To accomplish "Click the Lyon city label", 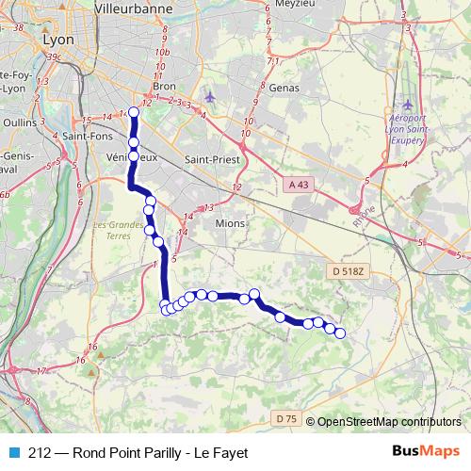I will (x=57, y=41).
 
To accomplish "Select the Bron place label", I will (x=164, y=86).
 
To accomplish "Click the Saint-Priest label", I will (x=212, y=159).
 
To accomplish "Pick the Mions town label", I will (x=229, y=223).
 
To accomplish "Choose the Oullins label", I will (x=19, y=122).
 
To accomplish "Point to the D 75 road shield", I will (x=287, y=417).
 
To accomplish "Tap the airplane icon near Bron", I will (x=208, y=97).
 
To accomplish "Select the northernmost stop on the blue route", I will (x=133, y=113).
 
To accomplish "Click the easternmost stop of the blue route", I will (x=340, y=333).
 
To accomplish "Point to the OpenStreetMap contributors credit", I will (x=388, y=422).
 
